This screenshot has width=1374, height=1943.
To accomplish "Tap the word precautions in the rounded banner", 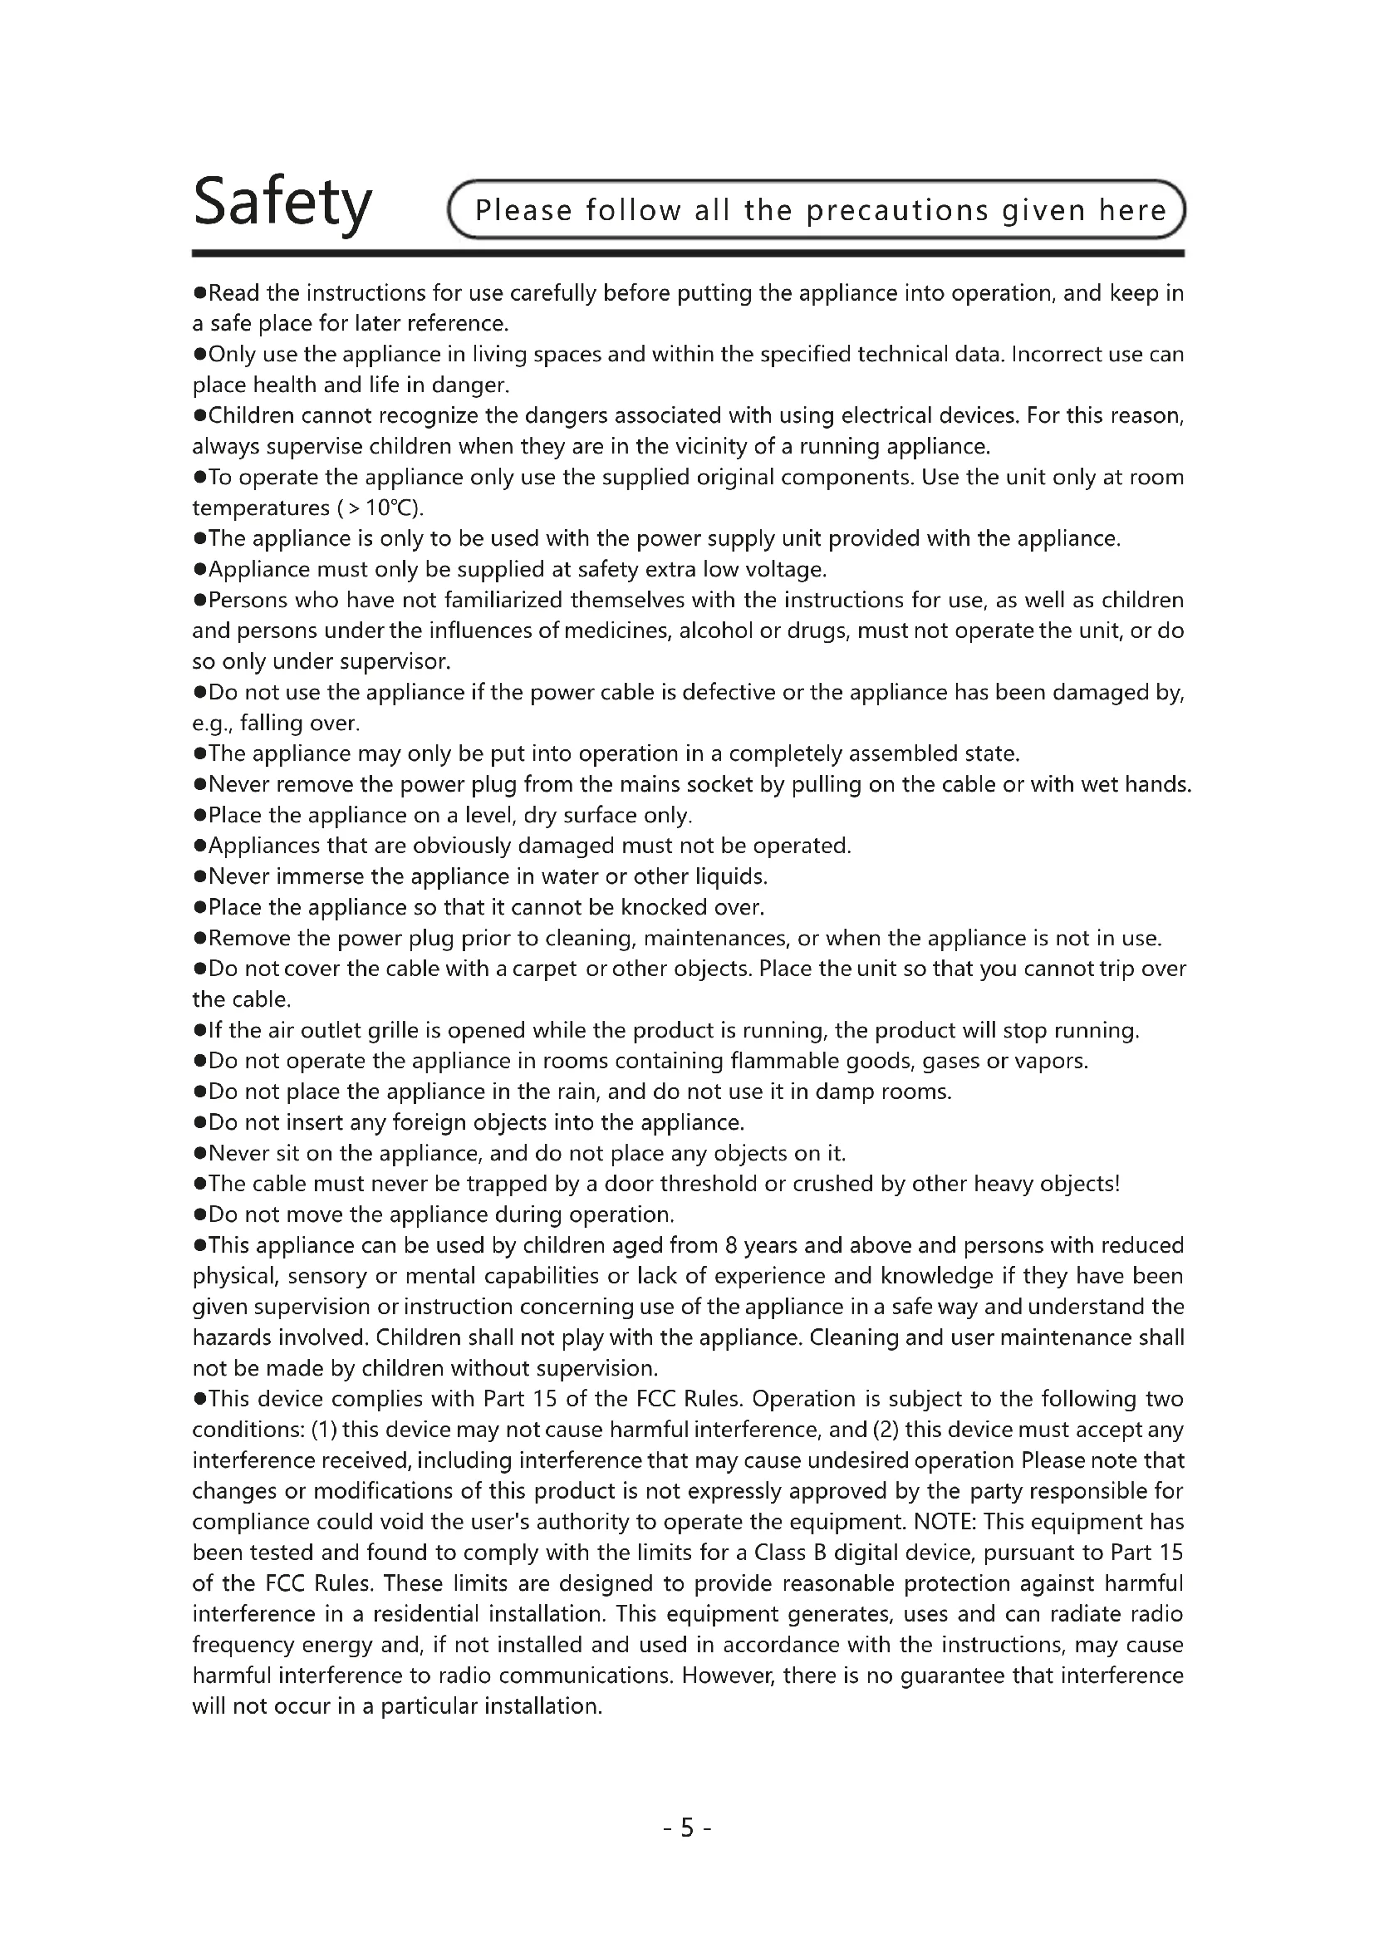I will (897, 210).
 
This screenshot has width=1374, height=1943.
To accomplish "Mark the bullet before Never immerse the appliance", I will (199, 876).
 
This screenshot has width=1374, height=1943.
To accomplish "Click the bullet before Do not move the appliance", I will (199, 1215).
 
